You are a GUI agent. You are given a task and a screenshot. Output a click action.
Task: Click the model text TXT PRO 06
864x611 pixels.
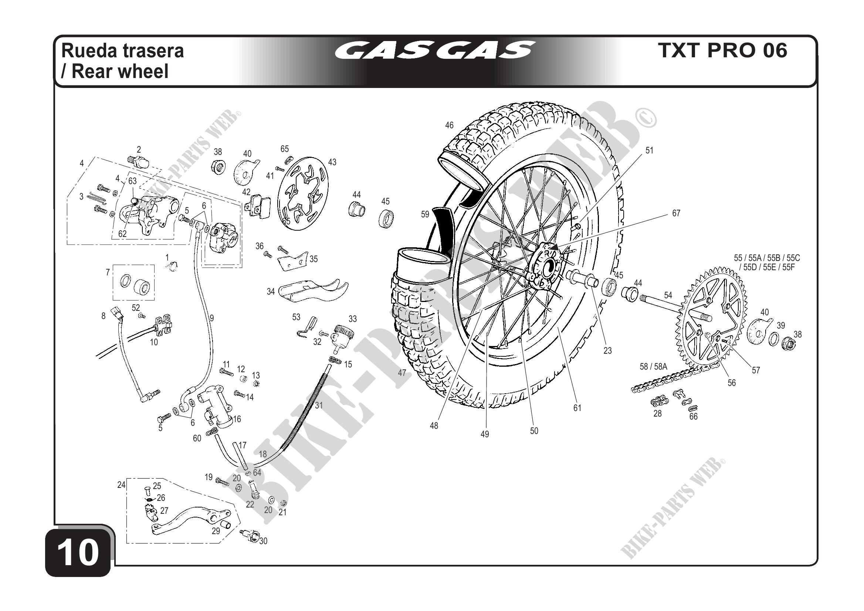click(x=722, y=50)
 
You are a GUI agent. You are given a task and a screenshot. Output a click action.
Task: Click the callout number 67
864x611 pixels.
click(x=676, y=213)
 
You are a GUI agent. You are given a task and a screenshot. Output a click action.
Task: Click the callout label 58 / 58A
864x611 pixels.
click(x=653, y=366)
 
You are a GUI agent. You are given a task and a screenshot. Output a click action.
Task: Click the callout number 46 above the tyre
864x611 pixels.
click(x=449, y=125)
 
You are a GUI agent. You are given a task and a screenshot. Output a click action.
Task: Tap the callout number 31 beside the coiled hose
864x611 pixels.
click(x=319, y=405)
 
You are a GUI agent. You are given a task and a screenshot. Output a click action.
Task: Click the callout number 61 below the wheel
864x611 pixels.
click(x=577, y=408)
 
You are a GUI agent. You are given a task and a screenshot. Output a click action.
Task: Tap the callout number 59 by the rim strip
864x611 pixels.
click(x=425, y=214)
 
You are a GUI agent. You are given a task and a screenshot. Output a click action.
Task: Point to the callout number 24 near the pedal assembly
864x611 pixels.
click(x=121, y=485)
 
